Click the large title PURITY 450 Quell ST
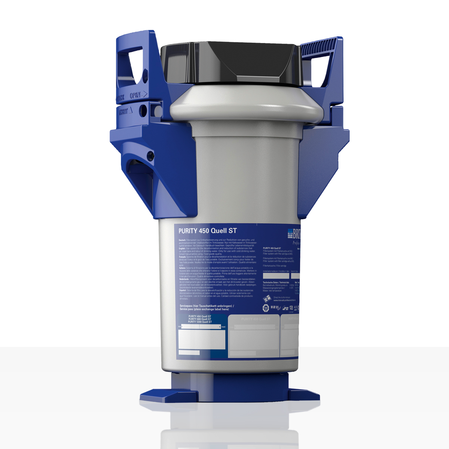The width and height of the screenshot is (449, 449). point(208,231)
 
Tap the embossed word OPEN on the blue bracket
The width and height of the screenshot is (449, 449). point(135,95)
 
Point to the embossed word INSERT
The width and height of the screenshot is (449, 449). point(124,112)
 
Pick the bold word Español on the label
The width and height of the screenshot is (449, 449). point(183,290)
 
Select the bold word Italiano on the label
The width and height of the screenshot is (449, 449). point(183,268)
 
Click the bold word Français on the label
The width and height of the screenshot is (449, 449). point(183,257)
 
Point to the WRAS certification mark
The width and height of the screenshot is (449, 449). point(275,308)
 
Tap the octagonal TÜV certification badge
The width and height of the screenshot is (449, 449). point(266,308)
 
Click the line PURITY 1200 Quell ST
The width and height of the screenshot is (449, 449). point(200,322)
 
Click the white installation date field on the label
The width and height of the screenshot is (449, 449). point(276,276)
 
